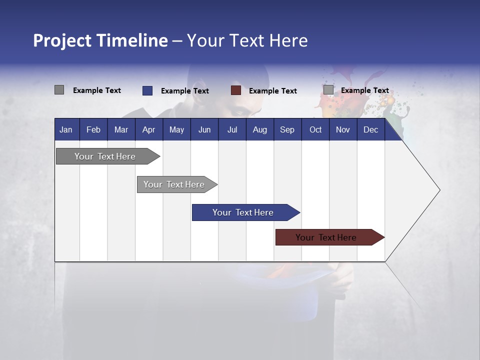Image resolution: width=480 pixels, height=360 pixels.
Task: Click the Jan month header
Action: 66,130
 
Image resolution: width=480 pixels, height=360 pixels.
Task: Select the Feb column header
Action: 93,130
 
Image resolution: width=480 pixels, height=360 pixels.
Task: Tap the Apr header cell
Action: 149,130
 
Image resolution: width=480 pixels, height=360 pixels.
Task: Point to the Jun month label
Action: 204,130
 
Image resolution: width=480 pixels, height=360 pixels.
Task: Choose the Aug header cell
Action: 260,130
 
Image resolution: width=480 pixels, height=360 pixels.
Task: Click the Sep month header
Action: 287,130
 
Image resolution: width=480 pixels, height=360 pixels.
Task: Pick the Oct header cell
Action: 315,130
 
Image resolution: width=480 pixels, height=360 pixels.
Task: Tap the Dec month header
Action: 371,130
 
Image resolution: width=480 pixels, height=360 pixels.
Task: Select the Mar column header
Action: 121,130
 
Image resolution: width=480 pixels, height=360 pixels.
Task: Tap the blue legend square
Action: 147,90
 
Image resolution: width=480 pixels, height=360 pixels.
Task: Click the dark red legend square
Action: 236,90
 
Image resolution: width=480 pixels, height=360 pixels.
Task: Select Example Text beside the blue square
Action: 185,91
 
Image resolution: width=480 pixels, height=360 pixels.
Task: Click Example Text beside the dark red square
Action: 273,91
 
